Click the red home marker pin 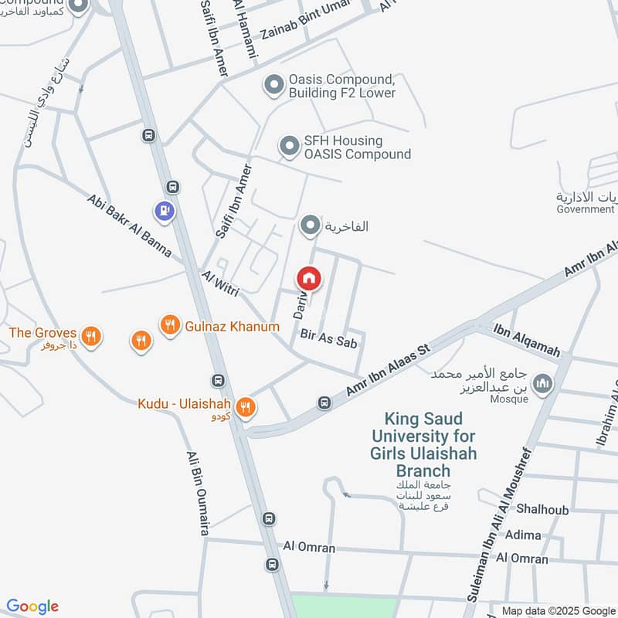(309, 278)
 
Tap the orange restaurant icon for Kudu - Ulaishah (246, 406)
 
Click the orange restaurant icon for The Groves (92, 336)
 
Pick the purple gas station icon (164, 209)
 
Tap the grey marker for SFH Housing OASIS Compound (289, 146)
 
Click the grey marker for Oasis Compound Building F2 (274, 85)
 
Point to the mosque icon (544, 383)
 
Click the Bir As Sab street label (328, 338)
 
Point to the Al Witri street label (221, 284)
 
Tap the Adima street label (523, 534)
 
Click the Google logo (32, 606)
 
